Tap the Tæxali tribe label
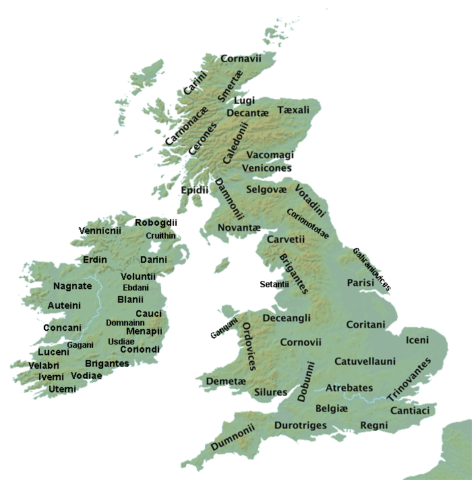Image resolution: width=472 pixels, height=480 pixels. pos(293,109)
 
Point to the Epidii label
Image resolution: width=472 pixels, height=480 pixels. pos(195,191)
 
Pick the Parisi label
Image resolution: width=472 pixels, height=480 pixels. pos(360,283)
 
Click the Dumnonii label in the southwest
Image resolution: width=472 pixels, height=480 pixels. pos(232,437)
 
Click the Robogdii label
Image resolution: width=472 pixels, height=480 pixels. pos(156,223)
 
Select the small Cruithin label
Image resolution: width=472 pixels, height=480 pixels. pos(161,236)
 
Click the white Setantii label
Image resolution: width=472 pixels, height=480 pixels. pos(274,284)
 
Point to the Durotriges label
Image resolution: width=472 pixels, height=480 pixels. pos(301,425)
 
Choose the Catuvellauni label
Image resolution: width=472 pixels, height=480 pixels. pos(365,361)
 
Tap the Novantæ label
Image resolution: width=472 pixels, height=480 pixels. pos(239,229)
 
